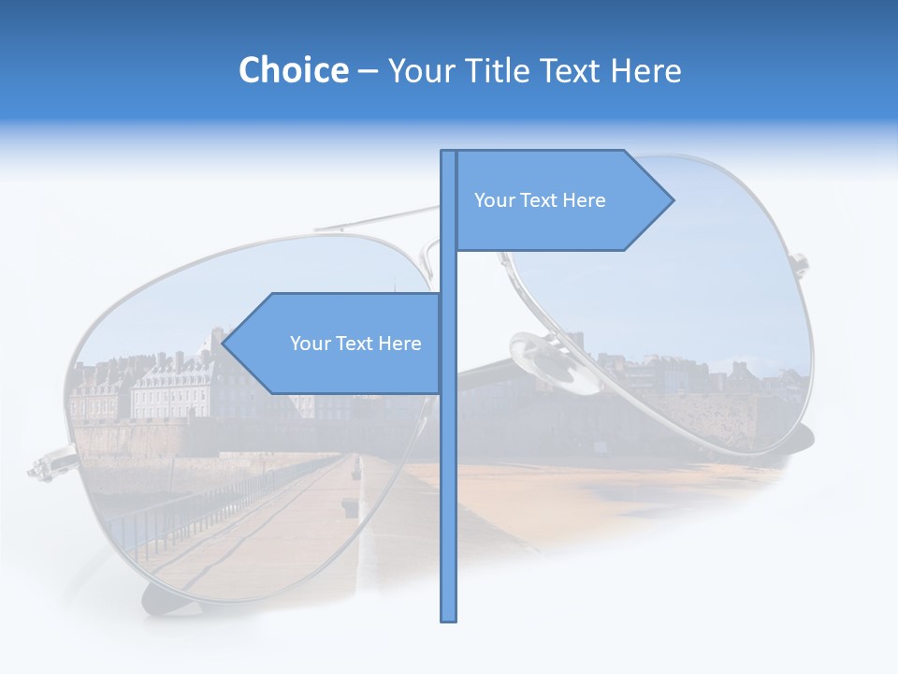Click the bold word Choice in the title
(293, 70)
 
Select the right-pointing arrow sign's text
(540, 200)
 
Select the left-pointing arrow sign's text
(355, 344)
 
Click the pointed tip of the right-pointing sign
(673, 199)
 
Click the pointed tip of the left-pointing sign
(224, 344)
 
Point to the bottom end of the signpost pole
(448, 619)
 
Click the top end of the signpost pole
(448, 153)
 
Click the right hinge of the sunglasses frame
(800, 261)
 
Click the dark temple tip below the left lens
(159, 599)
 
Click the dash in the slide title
(368, 71)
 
